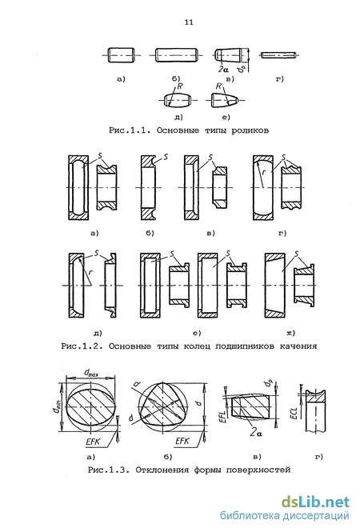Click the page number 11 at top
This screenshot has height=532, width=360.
pyautogui.click(x=189, y=22)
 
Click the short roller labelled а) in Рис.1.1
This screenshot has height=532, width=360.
pyautogui.click(x=122, y=55)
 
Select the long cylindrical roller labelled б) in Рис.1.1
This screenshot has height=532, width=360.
pyautogui.click(x=177, y=55)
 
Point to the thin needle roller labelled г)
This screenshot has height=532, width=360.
pyautogui.click(x=278, y=54)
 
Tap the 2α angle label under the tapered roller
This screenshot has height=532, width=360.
pyautogui.click(x=223, y=70)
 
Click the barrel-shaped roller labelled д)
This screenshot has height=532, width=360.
pyautogui.click(x=178, y=101)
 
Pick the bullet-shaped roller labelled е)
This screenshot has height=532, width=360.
pyautogui.click(x=224, y=101)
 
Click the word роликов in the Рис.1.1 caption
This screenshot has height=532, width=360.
pyautogui.click(x=250, y=130)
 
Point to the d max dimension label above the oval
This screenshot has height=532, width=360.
pyautogui.click(x=91, y=373)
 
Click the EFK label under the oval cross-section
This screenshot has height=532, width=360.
pyautogui.click(x=93, y=442)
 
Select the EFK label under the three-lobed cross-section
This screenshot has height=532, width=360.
pyautogui.click(x=182, y=441)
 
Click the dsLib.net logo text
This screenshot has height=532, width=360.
pyautogui.click(x=315, y=502)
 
